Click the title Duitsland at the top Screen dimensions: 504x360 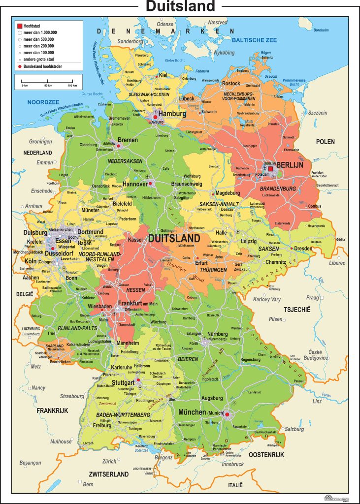[180, 6]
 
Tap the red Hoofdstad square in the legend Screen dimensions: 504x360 [20, 25]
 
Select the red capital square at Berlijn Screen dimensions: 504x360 [270, 169]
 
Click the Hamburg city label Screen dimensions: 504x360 [172, 113]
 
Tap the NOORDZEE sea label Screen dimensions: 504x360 [39, 102]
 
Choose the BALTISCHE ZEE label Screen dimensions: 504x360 [255, 39]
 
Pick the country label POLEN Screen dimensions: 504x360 [325, 142]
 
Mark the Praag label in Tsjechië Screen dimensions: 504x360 [313, 297]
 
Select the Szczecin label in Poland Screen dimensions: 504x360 [318, 113]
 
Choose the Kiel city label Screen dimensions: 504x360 [164, 75]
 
